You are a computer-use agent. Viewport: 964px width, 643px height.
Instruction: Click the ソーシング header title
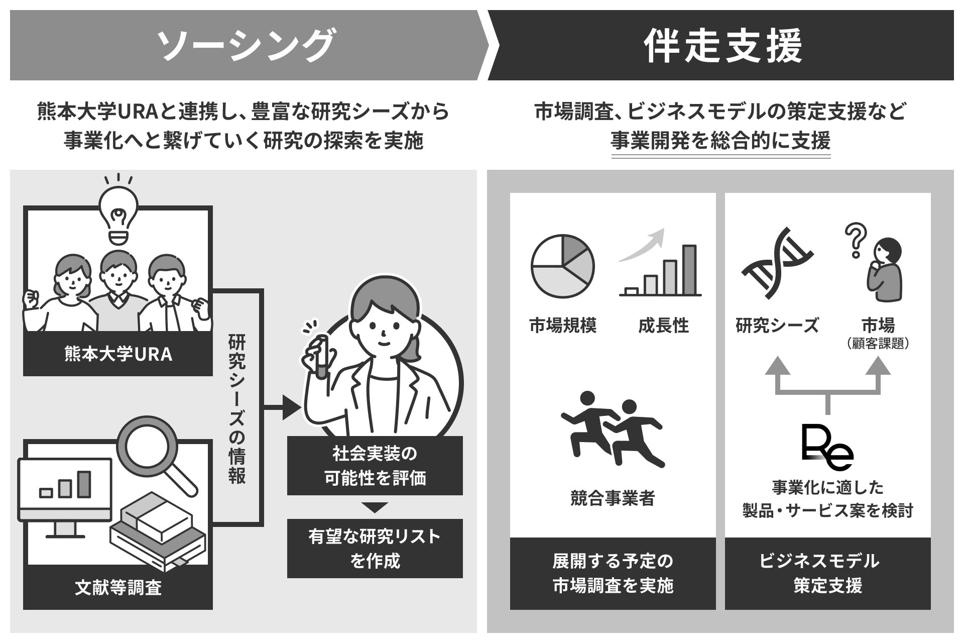pos(246,46)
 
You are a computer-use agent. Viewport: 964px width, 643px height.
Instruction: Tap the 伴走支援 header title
pos(724,46)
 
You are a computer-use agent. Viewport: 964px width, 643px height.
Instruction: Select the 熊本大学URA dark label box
pos(118,354)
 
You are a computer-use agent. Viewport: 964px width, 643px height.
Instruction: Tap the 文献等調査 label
pos(118,587)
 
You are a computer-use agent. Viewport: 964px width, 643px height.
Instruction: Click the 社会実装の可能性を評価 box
pos(375,466)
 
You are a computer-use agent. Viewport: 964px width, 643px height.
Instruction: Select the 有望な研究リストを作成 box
pos(375,549)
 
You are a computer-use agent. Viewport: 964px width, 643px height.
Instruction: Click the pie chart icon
pos(562,267)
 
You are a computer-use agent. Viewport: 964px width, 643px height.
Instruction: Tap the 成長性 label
pos(663,326)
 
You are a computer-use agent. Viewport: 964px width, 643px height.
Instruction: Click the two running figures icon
pos(613,430)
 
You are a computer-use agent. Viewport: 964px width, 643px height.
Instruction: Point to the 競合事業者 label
pos(613,498)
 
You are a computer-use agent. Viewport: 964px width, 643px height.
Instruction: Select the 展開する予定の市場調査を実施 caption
pos(613,573)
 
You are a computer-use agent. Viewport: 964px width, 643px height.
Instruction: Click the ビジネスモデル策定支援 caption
pos(827,573)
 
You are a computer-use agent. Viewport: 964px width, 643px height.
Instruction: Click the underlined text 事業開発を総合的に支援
pos(720,141)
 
